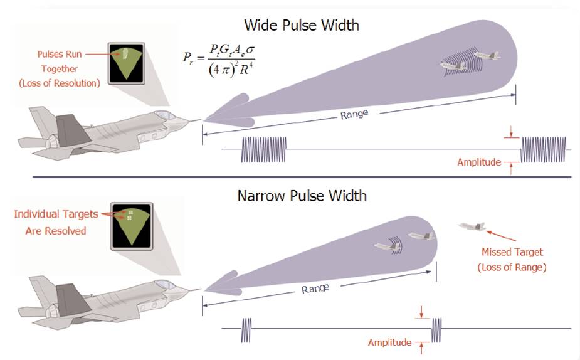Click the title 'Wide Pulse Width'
click(x=302, y=26)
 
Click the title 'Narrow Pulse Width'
click(x=302, y=196)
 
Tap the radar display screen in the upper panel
click(x=127, y=64)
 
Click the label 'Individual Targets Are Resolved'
click(x=56, y=222)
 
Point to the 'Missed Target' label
click(x=512, y=252)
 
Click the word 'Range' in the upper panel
click(x=354, y=115)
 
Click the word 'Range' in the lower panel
click(x=315, y=289)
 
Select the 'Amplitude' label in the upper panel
click(x=479, y=162)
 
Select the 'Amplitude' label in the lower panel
click(x=389, y=342)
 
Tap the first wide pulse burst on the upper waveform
click(x=263, y=150)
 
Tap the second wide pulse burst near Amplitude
click(x=544, y=150)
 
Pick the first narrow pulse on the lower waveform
click(x=247, y=329)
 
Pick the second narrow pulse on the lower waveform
click(x=437, y=329)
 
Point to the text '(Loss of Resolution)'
click(x=60, y=83)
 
